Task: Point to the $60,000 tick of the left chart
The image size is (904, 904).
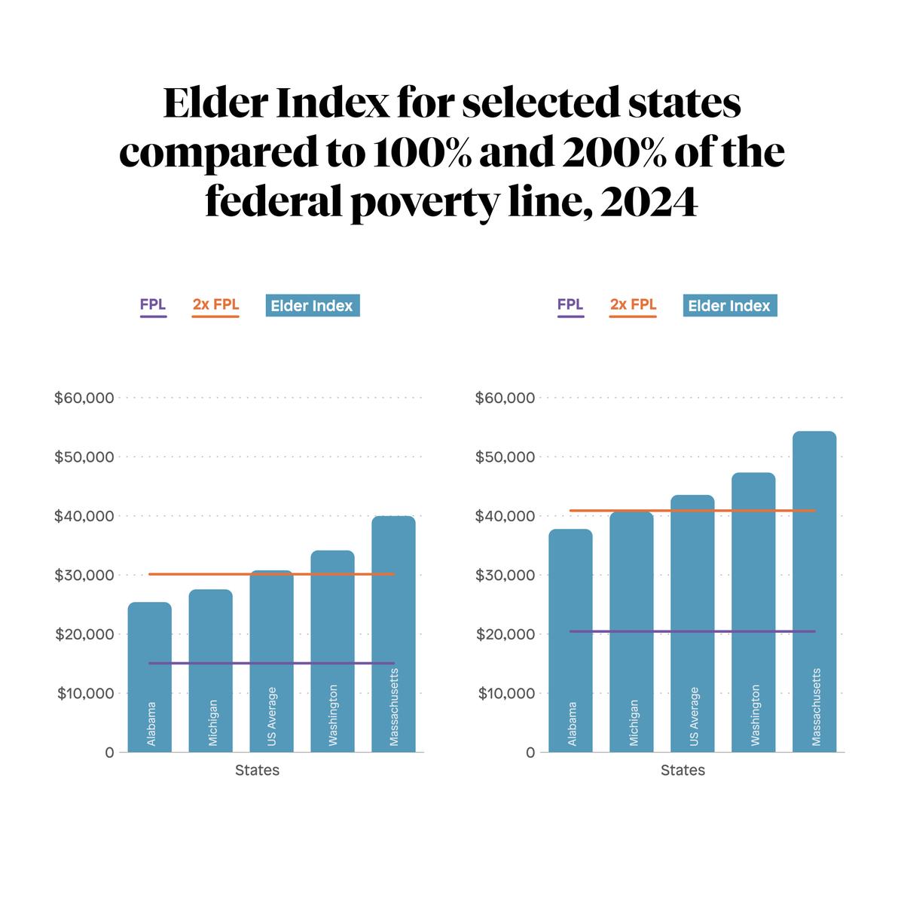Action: point(84,398)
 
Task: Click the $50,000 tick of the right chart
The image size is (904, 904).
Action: point(504,457)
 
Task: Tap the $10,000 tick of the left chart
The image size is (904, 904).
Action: point(85,693)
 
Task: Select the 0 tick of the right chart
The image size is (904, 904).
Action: point(531,752)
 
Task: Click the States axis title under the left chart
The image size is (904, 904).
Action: point(257,770)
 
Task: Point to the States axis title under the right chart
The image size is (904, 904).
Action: point(683,770)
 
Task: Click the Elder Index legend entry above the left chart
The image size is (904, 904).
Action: point(312,306)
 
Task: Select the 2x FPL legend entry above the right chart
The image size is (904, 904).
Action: point(633,305)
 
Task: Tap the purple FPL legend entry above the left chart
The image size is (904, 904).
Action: point(153,305)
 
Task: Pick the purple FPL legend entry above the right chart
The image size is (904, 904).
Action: point(570,305)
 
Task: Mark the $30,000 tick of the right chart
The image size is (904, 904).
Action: point(504,576)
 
